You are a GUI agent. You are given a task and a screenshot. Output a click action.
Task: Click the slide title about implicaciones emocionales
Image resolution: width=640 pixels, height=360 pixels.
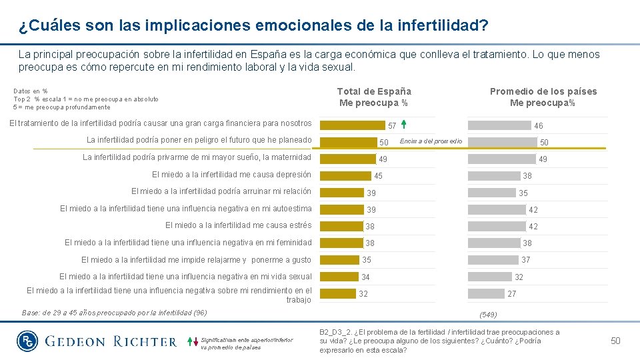coord(253,26)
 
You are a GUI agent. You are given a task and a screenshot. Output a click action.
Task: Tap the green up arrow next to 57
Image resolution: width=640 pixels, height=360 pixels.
coord(404,125)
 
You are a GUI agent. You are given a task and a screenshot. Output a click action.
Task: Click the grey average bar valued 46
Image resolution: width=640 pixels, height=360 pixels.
coord(500,125)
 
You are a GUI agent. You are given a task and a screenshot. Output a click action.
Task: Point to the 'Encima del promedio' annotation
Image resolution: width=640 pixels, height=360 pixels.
coord(431,141)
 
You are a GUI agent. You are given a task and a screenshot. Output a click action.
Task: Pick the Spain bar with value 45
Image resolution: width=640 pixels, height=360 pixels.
coord(345,176)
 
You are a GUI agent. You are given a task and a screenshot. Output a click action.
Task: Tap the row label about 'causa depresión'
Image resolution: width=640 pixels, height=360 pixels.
coord(231,175)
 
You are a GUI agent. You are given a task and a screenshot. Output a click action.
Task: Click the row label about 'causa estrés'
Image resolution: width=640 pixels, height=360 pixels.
coord(238,225)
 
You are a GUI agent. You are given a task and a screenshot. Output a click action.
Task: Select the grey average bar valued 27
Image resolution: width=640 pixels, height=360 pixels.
coord(486,293)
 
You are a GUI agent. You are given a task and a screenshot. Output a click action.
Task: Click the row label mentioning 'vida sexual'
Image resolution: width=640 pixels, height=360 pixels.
coord(185,277)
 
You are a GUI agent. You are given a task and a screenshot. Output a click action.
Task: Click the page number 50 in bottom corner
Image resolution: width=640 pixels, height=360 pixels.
coord(615,341)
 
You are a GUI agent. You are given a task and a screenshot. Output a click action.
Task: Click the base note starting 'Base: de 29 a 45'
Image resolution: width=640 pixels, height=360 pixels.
coord(114,313)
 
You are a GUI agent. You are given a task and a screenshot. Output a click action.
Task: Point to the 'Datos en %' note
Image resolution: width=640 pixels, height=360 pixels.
coord(31,91)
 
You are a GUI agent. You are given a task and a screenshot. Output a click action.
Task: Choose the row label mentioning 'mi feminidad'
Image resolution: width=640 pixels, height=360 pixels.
coord(188,243)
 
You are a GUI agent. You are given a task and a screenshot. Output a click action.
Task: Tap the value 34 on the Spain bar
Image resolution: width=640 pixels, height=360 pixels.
coord(365,277)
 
